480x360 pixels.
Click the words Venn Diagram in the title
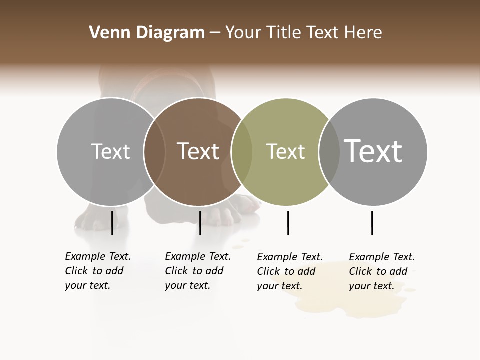point(147,33)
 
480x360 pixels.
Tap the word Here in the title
point(363,33)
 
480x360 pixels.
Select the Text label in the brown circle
point(198,151)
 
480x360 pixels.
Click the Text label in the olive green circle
point(285,151)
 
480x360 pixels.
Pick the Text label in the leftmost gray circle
point(110,151)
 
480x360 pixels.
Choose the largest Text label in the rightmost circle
point(373,151)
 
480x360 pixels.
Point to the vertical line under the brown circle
point(200,223)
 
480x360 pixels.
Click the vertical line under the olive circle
point(288,223)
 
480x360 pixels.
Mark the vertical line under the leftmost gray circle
point(112,223)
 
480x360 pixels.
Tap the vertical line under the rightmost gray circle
point(372,223)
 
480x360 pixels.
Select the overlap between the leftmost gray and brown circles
point(154,152)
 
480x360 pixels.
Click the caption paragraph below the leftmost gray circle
point(98,271)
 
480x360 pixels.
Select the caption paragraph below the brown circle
point(198,271)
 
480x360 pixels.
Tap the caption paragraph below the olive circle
point(290,271)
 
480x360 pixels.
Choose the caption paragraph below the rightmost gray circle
point(382,271)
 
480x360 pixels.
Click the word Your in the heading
point(242,33)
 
